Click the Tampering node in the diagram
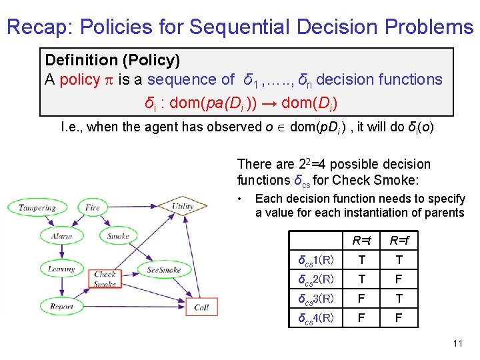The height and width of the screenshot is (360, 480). [x=37, y=207]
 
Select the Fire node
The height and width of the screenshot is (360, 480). [x=93, y=207]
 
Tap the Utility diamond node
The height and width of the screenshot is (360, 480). [x=181, y=206]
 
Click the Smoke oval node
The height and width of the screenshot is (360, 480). [x=118, y=236]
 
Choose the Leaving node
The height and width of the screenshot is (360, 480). [x=61, y=270]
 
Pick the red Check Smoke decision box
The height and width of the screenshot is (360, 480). [x=105, y=279]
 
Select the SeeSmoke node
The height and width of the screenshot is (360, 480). [x=163, y=270]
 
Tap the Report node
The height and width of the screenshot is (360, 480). [x=61, y=307]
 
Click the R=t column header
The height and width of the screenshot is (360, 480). [x=362, y=240]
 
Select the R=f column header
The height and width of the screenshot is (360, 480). [x=399, y=240]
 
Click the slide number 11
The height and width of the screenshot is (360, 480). [x=457, y=344]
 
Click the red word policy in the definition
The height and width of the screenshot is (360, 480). [x=79, y=80]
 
